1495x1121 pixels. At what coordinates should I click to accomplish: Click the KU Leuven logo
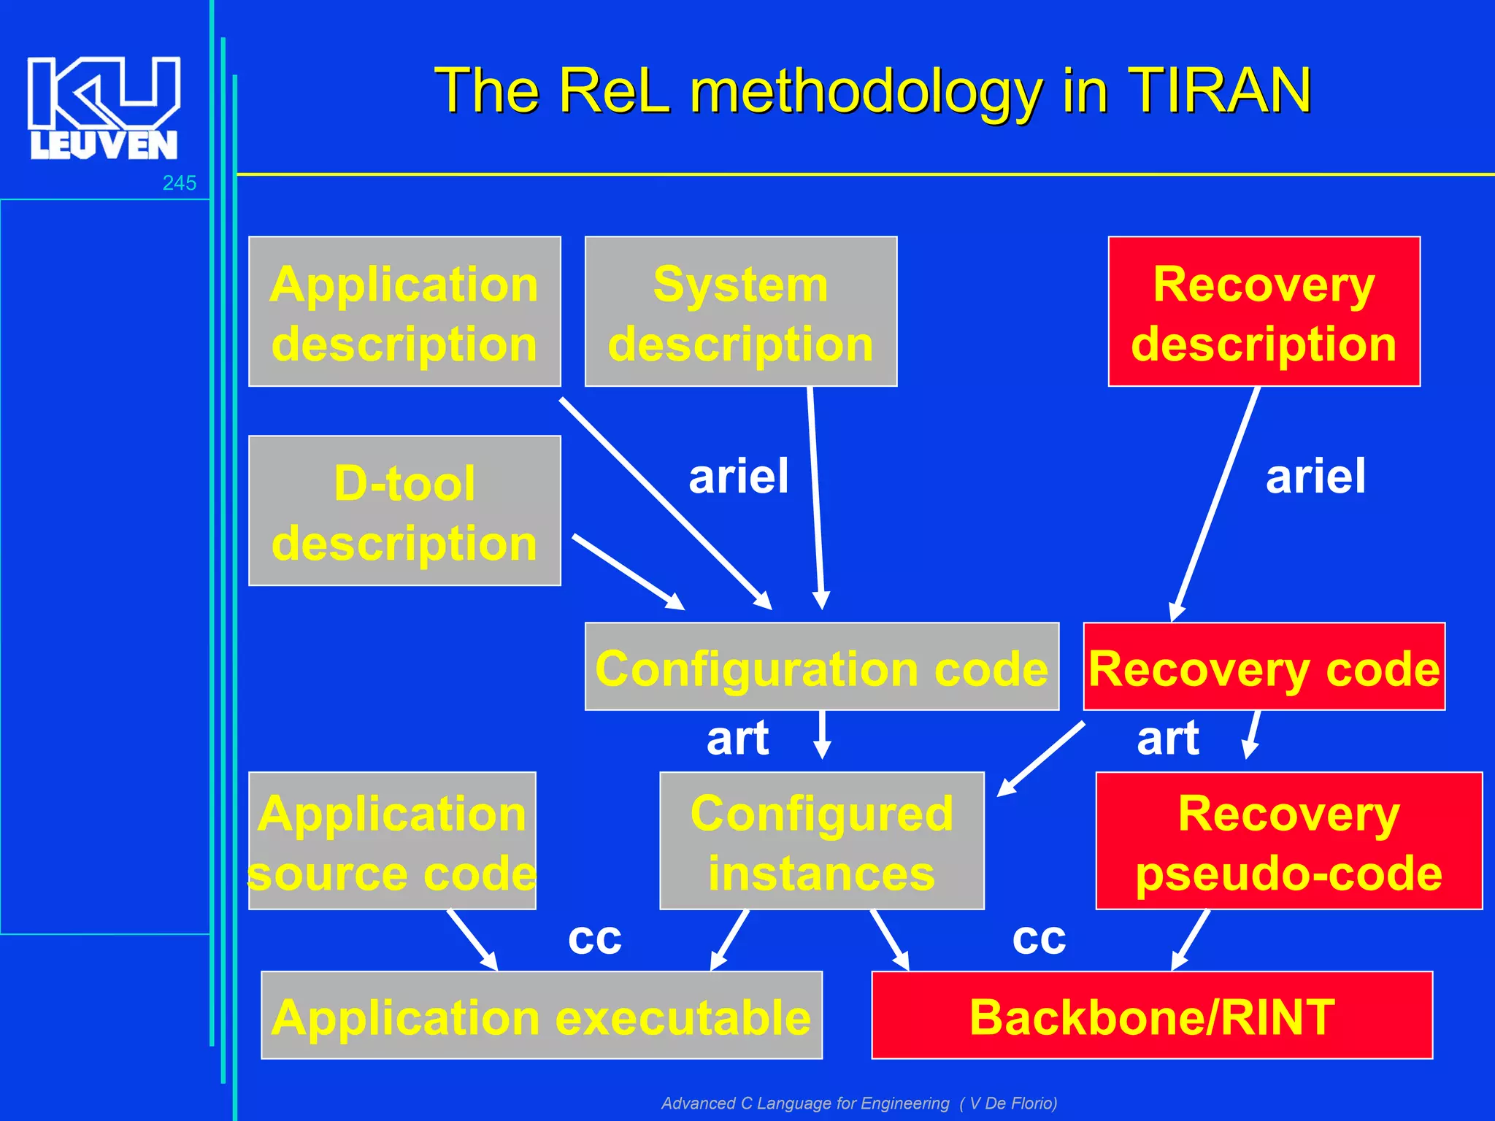(104, 107)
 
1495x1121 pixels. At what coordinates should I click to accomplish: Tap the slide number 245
(179, 183)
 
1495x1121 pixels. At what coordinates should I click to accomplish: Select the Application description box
(404, 312)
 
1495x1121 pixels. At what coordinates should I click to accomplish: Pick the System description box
(740, 312)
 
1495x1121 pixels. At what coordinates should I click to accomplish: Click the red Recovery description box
(1264, 312)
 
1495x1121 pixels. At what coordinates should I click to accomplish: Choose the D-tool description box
(404, 511)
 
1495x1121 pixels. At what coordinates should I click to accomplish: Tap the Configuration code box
(821, 666)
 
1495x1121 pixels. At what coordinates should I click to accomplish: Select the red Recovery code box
(1264, 666)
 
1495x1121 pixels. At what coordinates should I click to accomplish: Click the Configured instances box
(821, 841)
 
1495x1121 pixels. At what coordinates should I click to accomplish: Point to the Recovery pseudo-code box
(1288, 841)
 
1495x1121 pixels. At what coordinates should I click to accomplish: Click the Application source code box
(392, 841)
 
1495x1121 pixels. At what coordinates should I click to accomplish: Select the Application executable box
(541, 1015)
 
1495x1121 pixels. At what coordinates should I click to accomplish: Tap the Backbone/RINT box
(1151, 1015)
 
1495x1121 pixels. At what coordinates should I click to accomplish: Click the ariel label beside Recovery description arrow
(1315, 476)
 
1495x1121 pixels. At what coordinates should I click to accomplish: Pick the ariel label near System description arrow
(738, 476)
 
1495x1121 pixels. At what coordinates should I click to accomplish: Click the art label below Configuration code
(737, 738)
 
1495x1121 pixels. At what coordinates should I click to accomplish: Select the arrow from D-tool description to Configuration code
(628, 571)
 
